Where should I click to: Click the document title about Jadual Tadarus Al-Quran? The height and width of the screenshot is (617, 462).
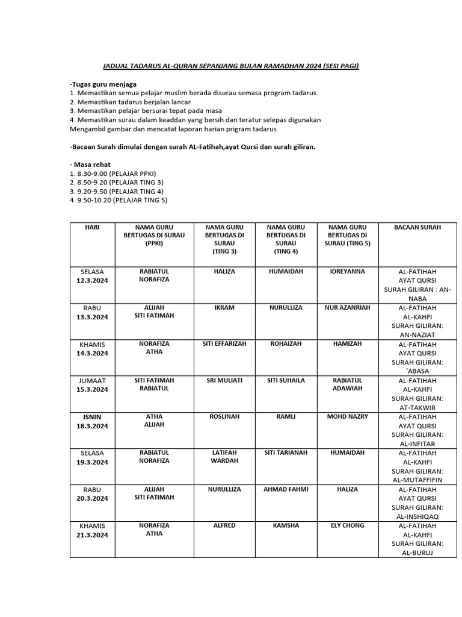(x=229, y=66)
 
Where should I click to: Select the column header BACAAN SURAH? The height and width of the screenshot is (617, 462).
(x=417, y=227)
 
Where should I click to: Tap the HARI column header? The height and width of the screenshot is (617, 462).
(x=93, y=227)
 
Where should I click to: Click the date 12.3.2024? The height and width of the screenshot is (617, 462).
(x=93, y=281)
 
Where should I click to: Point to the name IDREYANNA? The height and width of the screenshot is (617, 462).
(x=348, y=272)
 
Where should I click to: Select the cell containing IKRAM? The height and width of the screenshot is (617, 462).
(x=224, y=308)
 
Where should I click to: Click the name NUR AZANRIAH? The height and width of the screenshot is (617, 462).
(x=348, y=308)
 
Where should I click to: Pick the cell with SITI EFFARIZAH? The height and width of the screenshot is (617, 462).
(x=224, y=344)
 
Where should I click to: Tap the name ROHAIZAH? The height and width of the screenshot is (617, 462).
(x=286, y=344)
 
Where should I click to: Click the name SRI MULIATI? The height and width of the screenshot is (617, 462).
(x=224, y=380)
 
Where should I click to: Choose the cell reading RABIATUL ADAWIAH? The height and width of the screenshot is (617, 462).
(x=348, y=384)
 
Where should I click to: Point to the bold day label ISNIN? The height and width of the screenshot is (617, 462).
(x=93, y=416)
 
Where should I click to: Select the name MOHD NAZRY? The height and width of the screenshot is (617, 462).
(x=348, y=416)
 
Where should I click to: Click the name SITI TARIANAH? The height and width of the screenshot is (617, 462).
(x=286, y=453)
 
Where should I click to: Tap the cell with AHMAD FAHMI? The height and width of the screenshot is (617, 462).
(x=286, y=489)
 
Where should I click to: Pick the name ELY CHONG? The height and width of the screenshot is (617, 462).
(x=348, y=525)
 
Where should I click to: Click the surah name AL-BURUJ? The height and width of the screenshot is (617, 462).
(x=417, y=553)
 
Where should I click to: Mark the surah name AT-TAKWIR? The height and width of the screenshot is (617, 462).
(x=417, y=407)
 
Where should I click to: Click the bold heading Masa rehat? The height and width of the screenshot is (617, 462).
(x=91, y=164)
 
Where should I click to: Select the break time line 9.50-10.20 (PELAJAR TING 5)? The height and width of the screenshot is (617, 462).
(x=119, y=200)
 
